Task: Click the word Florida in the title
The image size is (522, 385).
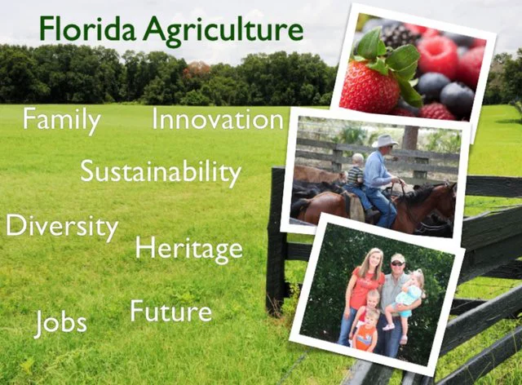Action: tap(88, 29)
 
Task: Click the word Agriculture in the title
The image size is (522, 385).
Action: tap(222, 31)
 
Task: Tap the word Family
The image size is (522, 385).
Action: tap(61, 121)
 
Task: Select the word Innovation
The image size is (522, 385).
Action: tap(218, 120)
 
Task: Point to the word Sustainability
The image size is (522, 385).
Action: tap(161, 172)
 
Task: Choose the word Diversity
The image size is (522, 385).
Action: tap(62, 226)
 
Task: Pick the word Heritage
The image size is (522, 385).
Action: tap(188, 248)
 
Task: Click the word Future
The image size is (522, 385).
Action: tap(170, 311)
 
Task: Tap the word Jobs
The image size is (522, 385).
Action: tap(60, 322)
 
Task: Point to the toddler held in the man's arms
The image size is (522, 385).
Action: tap(412, 298)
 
